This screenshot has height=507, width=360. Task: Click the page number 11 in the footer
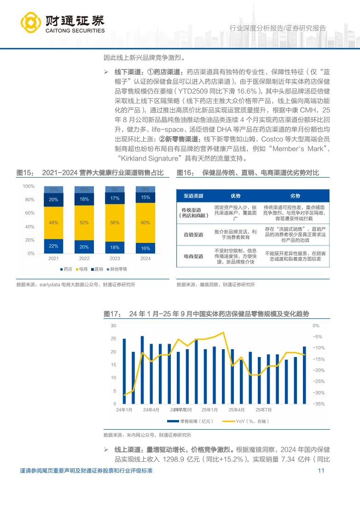point(321,471)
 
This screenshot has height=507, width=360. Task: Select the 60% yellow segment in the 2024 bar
point(145,223)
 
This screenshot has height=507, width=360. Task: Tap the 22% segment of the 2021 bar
point(53,246)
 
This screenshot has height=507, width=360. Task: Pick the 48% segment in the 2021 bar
point(53,222)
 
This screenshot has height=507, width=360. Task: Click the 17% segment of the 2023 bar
point(115,198)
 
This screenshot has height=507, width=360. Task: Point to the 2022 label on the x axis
point(84,259)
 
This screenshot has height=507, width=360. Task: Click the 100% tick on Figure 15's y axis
point(29,186)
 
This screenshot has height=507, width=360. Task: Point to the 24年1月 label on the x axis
point(124,409)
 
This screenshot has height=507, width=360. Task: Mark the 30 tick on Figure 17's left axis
point(113,326)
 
